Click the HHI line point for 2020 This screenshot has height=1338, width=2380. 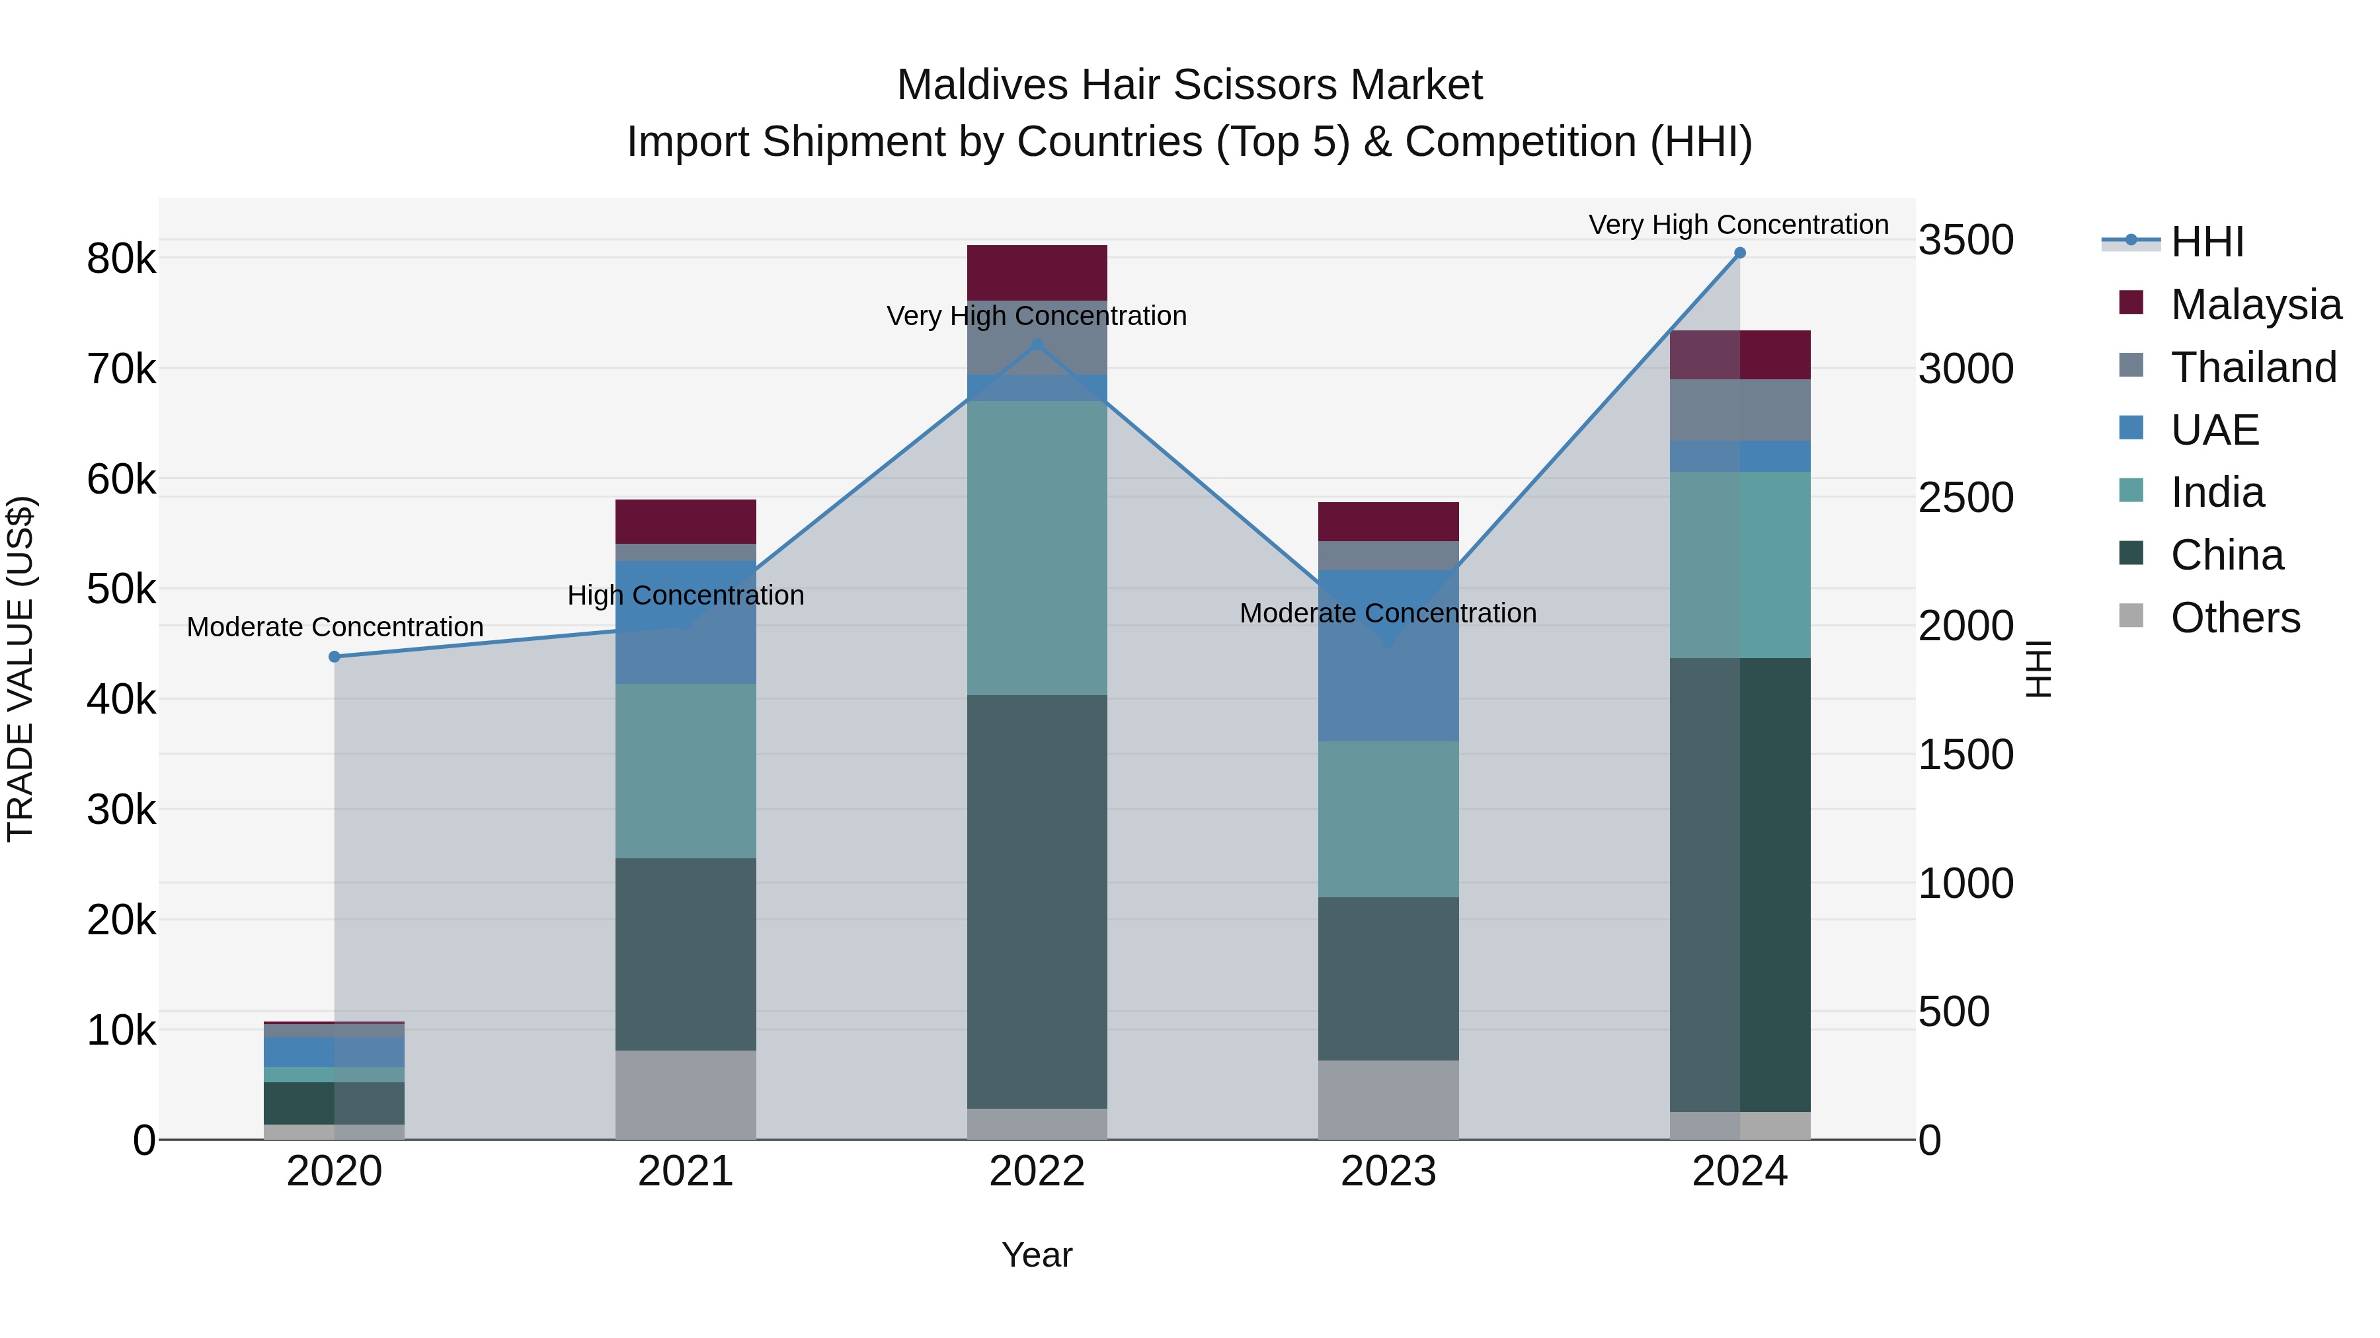coord(335,657)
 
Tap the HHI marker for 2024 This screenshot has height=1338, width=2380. coord(1740,253)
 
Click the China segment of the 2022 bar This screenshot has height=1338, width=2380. coord(1037,901)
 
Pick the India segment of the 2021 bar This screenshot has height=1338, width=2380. coord(686,771)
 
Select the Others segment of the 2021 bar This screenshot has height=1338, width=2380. coord(686,1094)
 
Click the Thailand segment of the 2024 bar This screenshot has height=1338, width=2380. coord(1740,410)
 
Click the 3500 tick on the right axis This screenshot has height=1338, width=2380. coord(1965,240)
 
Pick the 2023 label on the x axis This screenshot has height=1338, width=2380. coord(1388,1171)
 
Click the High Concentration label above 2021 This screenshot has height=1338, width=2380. coord(686,595)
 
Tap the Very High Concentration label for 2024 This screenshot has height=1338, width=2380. coord(1738,225)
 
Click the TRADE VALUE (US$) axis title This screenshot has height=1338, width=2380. coord(20,669)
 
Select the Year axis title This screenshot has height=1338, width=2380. coord(1037,1255)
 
